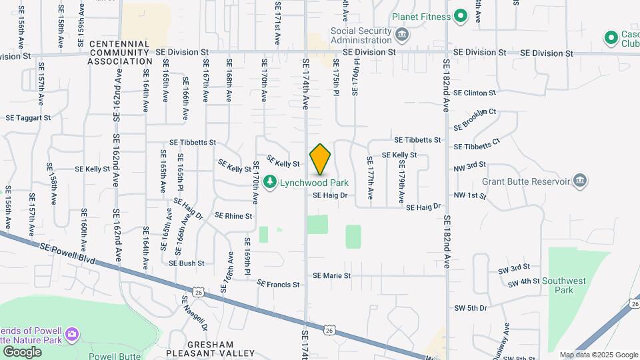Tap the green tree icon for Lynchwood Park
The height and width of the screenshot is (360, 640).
pos(270,182)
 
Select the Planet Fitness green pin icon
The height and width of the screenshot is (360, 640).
pos(460,16)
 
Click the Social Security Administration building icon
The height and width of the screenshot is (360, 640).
pos(401,34)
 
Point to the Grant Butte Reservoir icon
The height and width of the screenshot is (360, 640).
pos(580,181)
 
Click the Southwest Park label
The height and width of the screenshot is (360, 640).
pos(558,286)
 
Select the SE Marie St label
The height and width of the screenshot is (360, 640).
pos(341,275)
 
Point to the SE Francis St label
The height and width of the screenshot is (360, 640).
pos(278,285)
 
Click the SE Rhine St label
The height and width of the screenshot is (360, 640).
pos(233,216)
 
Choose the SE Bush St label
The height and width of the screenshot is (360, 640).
pos(187,263)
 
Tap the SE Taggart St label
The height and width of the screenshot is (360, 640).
pos(28,117)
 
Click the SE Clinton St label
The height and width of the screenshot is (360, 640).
pos(475,93)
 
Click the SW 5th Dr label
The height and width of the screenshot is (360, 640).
pos(471,308)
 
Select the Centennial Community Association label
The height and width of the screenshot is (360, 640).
pos(120,52)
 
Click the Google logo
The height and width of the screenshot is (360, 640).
pos(22,351)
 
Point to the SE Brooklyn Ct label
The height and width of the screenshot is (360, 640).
pos(475,119)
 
